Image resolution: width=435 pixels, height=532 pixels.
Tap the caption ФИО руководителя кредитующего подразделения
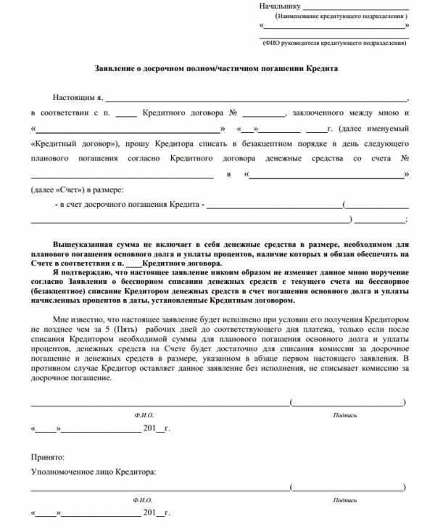click(x=334, y=43)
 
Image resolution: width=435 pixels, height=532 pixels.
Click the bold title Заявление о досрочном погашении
click(x=217, y=68)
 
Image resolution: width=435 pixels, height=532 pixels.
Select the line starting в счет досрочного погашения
click(x=130, y=205)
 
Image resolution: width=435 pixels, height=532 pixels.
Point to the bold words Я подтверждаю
click(x=82, y=271)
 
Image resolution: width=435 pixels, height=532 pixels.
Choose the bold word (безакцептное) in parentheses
click(x=64, y=290)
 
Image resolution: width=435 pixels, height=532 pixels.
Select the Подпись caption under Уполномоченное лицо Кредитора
click(x=345, y=500)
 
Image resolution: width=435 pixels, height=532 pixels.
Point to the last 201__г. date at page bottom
click(x=157, y=513)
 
